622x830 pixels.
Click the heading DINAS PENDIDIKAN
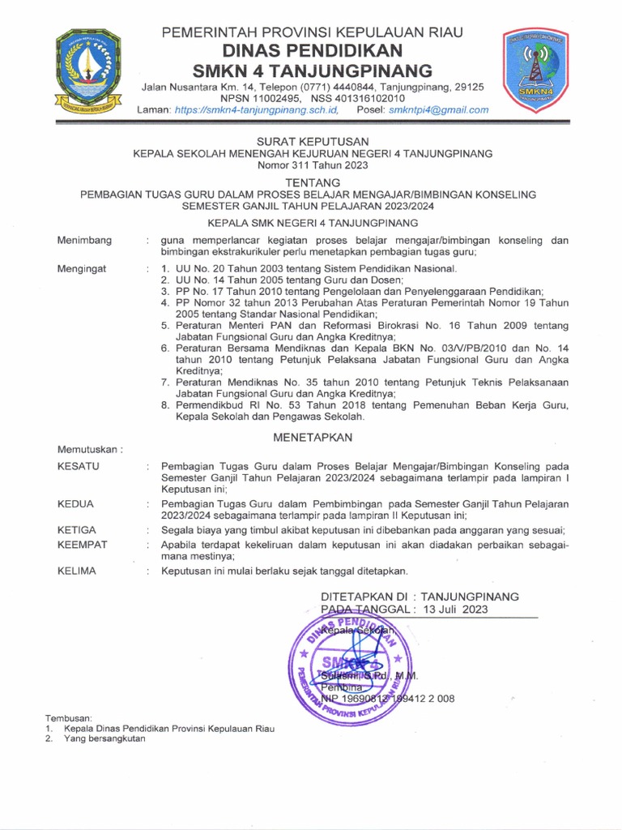click(x=313, y=51)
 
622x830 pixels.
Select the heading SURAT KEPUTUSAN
click(x=312, y=141)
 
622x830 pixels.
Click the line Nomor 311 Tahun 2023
click(x=312, y=165)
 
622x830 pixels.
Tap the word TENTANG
click(x=312, y=182)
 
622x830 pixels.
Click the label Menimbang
click(x=84, y=241)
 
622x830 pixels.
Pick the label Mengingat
click(x=83, y=268)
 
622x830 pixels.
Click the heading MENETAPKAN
click(x=312, y=437)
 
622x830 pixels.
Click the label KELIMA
click(x=77, y=571)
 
